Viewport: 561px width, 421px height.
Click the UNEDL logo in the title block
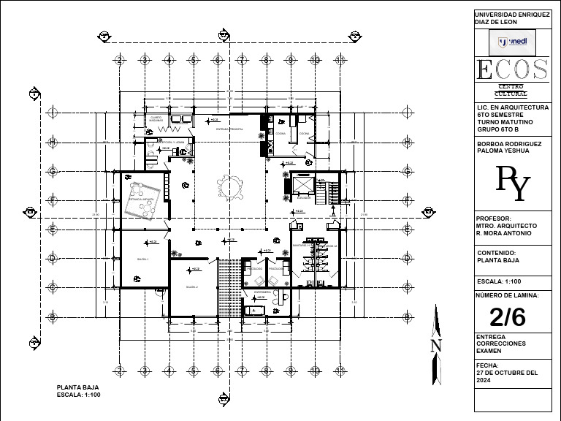coord(512,42)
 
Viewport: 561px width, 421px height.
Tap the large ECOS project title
coord(511,70)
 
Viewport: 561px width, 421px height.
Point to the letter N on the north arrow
coord(436,345)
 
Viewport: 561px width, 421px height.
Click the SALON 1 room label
coord(142,259)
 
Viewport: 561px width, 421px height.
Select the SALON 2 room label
coord(192,288)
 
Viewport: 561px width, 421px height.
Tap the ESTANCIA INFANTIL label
coord(140,198)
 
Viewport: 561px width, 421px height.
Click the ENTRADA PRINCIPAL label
coord(229,128)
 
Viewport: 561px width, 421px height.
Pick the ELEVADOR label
coord(305,197)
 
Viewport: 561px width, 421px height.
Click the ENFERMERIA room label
coord(262,292)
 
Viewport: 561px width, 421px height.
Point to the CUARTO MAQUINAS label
coord(156,118)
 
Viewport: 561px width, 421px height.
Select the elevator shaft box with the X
coord(302,183)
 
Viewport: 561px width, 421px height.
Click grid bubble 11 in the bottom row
coord(339,371)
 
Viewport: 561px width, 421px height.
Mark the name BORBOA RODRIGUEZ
coord(508,144)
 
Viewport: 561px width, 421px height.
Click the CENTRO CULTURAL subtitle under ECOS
coord(511,90)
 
